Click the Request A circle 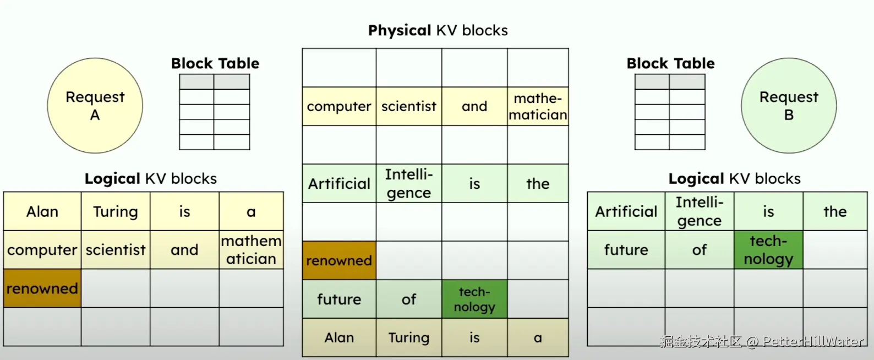[95, 106]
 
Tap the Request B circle [788, 106]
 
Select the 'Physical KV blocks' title [438, 30]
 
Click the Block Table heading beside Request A [215, 63]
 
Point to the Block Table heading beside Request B [670, 63]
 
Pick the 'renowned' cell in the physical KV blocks [339, 260]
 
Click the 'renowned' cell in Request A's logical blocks [42, 288]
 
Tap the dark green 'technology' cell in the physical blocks [474, 299]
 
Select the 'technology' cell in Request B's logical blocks [768, 250]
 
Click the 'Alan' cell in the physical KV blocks [339, 337]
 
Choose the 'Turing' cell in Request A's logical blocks [116, 211]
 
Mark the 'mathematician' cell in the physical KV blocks [538, 106]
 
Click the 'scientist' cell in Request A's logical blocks [116, 250]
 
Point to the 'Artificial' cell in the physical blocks [339, 183]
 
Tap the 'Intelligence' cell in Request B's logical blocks [699, 211]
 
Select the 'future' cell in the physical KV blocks [339, 299]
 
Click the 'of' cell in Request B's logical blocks [699, 250]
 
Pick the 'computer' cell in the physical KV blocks [339, 106]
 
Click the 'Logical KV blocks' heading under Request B [734, 178]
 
